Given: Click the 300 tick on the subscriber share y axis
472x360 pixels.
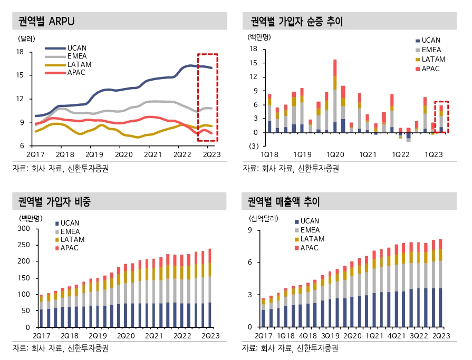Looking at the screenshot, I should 24,228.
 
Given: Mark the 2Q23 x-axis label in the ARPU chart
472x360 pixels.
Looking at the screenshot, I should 212,154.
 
